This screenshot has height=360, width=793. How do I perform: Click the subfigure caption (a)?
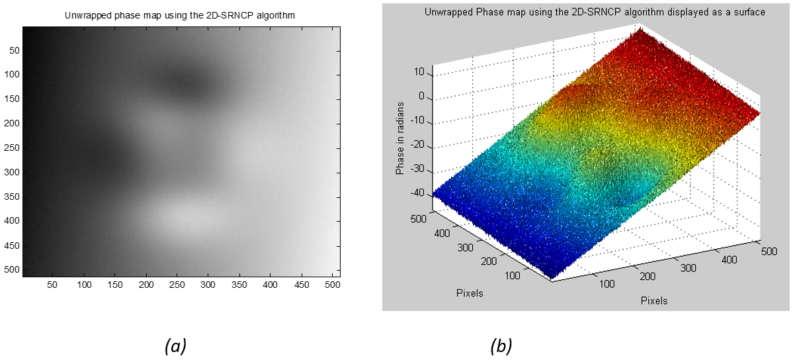pyautogui.click(x=175, y=345)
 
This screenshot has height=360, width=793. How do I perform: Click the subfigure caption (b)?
pyautogui.click(x=501, y=345)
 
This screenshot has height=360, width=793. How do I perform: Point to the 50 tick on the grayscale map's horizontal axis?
pyautogui.click(x=52, y=285)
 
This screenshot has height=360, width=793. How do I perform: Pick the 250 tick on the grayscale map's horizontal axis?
pyautogui.click(x=177, y=285)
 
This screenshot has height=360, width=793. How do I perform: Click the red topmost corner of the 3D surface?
pyautogui.click(x=639, y=30)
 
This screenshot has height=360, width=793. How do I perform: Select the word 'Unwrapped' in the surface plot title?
pyautogui.click(x=474, y=13)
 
